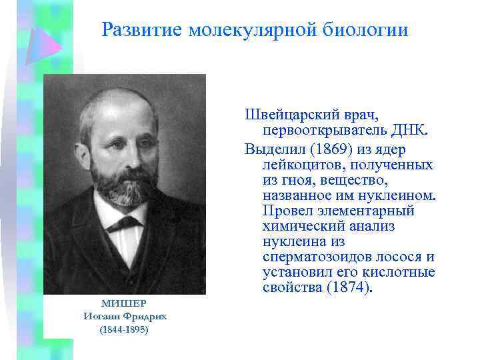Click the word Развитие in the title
point(143,31)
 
